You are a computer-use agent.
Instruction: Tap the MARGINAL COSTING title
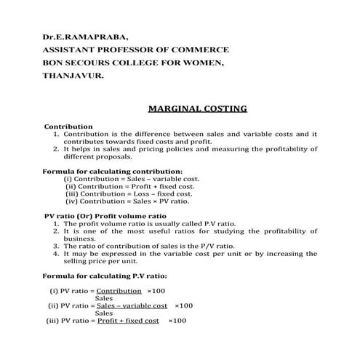click(197, 109)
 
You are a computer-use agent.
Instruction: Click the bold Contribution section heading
click(68, 126)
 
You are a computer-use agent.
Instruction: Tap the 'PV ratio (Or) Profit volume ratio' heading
click(105, 216)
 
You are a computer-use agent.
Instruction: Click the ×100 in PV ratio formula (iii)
click(177, 321)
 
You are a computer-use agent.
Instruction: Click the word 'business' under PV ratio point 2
click(79, 238)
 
